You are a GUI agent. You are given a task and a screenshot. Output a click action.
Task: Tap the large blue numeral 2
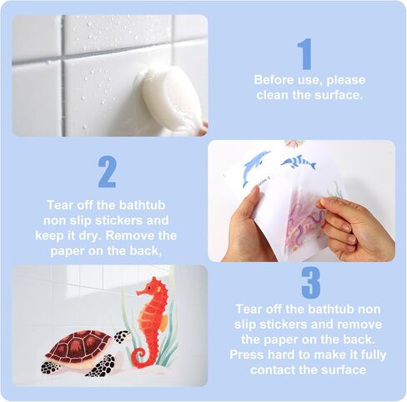tap(107, 171)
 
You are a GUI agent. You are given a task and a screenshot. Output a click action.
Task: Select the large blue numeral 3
tap(310, 282)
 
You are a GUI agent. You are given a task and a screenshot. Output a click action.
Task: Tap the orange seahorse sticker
tap(151, 317)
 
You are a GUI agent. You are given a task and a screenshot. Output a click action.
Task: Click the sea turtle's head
tap(122, 336)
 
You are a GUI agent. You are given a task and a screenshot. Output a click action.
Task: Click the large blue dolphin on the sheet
tap(255, 168)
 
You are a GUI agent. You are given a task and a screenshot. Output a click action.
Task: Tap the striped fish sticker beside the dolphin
tap(298, 162)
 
